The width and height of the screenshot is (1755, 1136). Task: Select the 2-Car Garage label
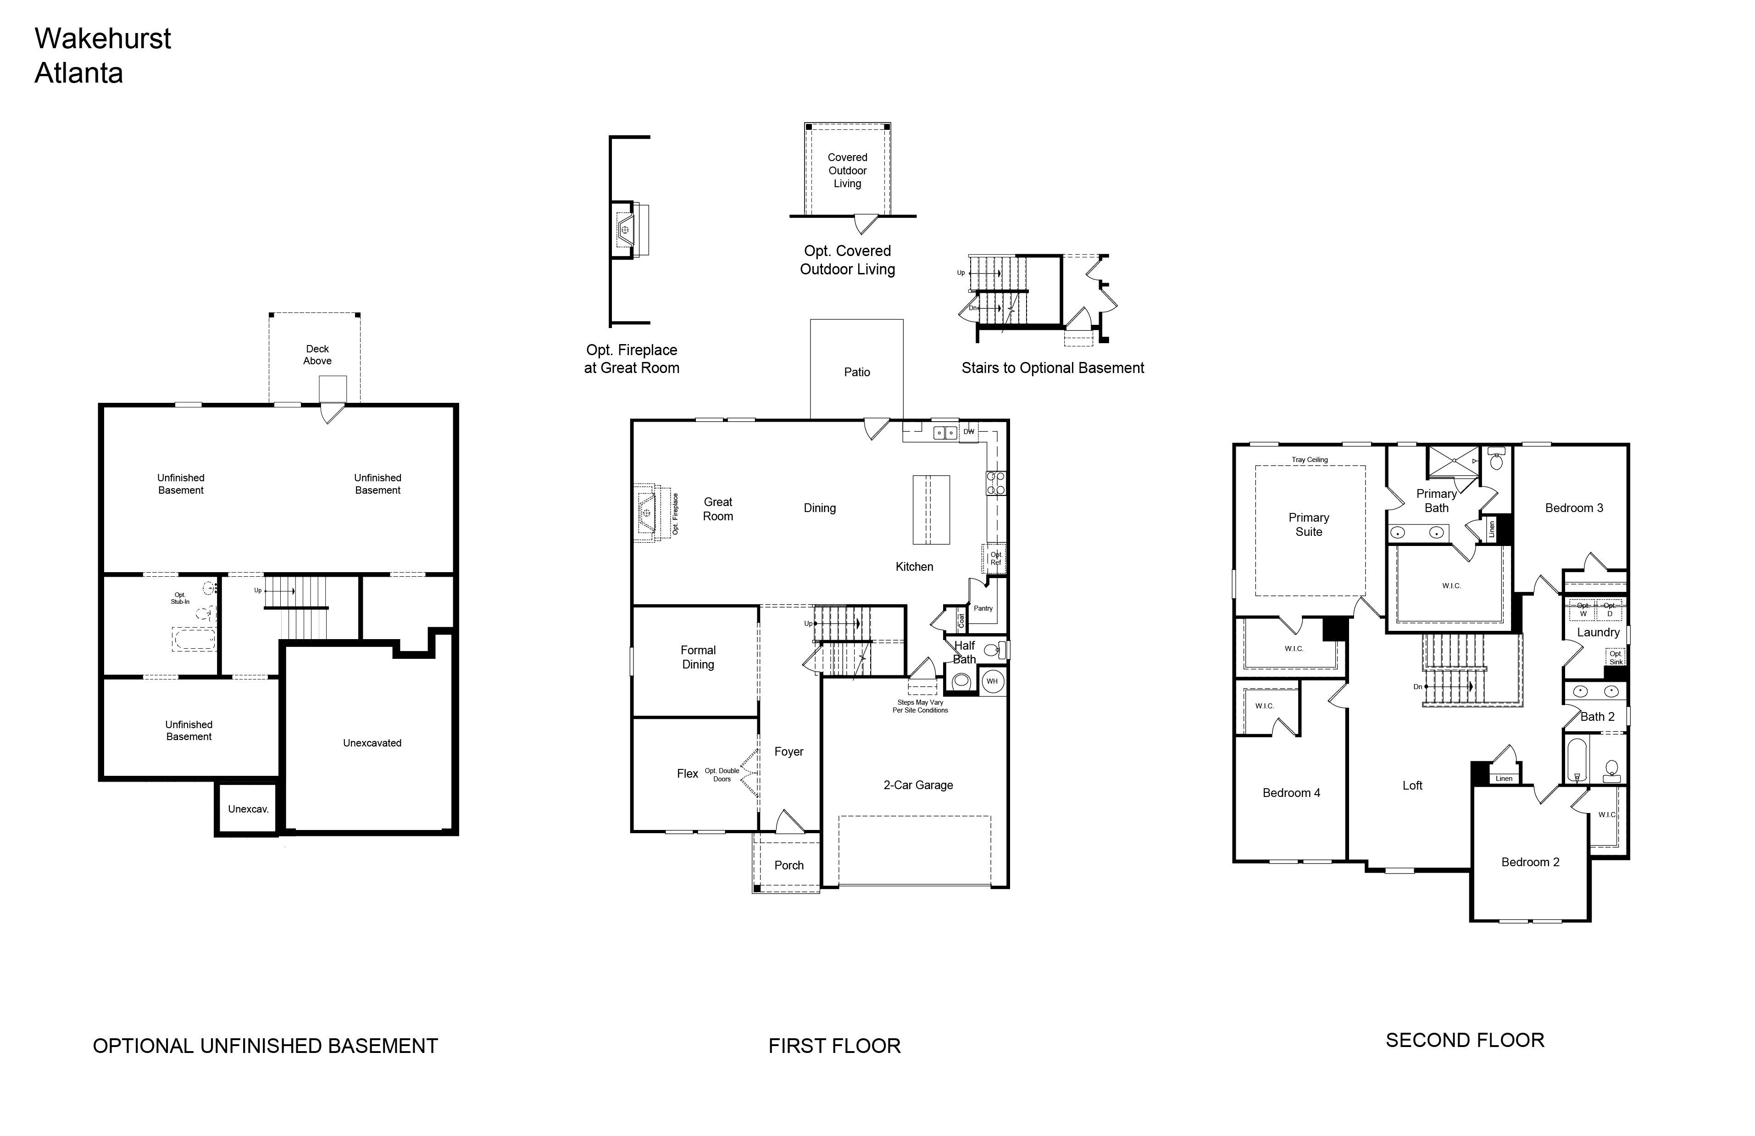tap(918, 785)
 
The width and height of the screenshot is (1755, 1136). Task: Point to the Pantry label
tap(983, 608)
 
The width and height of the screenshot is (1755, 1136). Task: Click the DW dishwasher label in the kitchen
tap(969, 432)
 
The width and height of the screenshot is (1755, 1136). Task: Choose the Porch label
tap(789, 865)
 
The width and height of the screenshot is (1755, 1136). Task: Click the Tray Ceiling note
tap(1310, 460)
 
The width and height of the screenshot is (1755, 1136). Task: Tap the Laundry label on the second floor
tap(1598, 632)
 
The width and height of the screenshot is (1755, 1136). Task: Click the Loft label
tap(1412, 785)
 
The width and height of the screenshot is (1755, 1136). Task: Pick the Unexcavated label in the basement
tap(372, 743)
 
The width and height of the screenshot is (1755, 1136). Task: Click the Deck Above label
tap(318, 355)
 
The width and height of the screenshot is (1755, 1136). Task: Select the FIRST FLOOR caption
tap(835, 1046)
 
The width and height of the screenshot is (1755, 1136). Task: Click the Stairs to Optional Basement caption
tap(1053, 368)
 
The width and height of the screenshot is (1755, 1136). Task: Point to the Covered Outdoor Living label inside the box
tap(847, 170)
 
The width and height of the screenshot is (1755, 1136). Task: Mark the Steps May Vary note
tap(920, 707)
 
